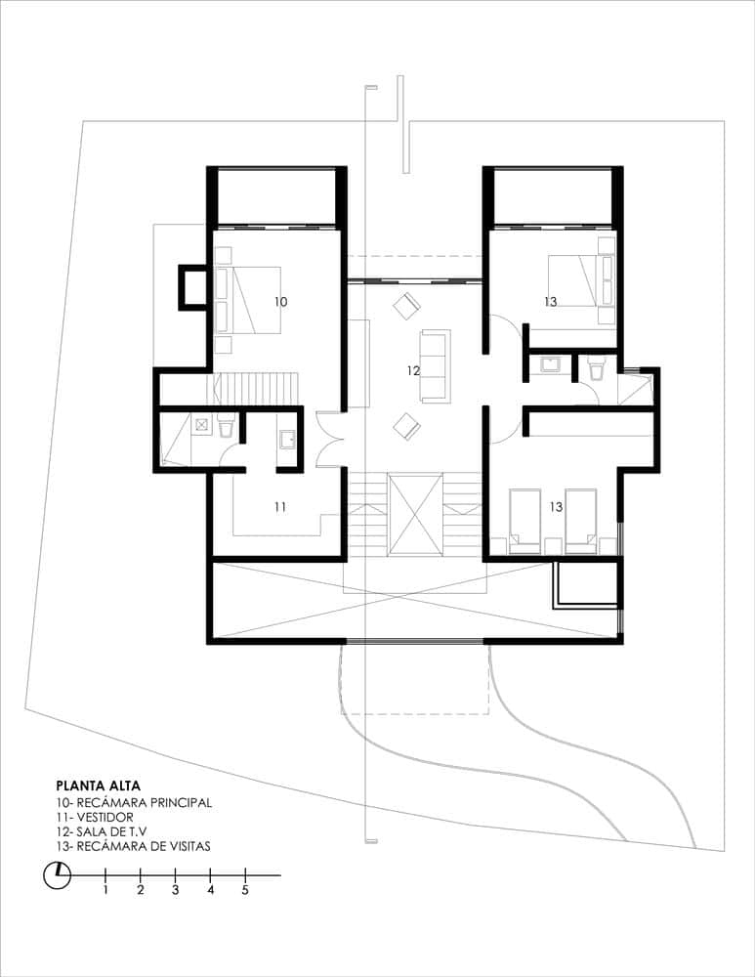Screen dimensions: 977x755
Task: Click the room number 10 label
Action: coord(280,302)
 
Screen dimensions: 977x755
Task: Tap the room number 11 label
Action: coord(279,506)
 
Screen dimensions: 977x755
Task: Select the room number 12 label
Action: coord(413,370)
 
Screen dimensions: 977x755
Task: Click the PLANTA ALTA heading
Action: coord(99,785)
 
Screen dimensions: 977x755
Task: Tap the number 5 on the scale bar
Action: coord(246,890)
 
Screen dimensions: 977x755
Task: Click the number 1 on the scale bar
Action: coord(105,890)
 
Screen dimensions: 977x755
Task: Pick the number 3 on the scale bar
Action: coord(176,890)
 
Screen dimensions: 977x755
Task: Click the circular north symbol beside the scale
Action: coord(58,874)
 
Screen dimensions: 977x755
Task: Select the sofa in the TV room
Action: coord(435,365)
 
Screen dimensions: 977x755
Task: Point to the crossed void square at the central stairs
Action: coord(415,516)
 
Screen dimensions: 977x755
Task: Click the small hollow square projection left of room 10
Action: coord(191,287)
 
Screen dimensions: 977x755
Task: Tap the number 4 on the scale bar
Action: coord(211,890)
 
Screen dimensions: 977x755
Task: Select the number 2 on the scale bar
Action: coord(141,890)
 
